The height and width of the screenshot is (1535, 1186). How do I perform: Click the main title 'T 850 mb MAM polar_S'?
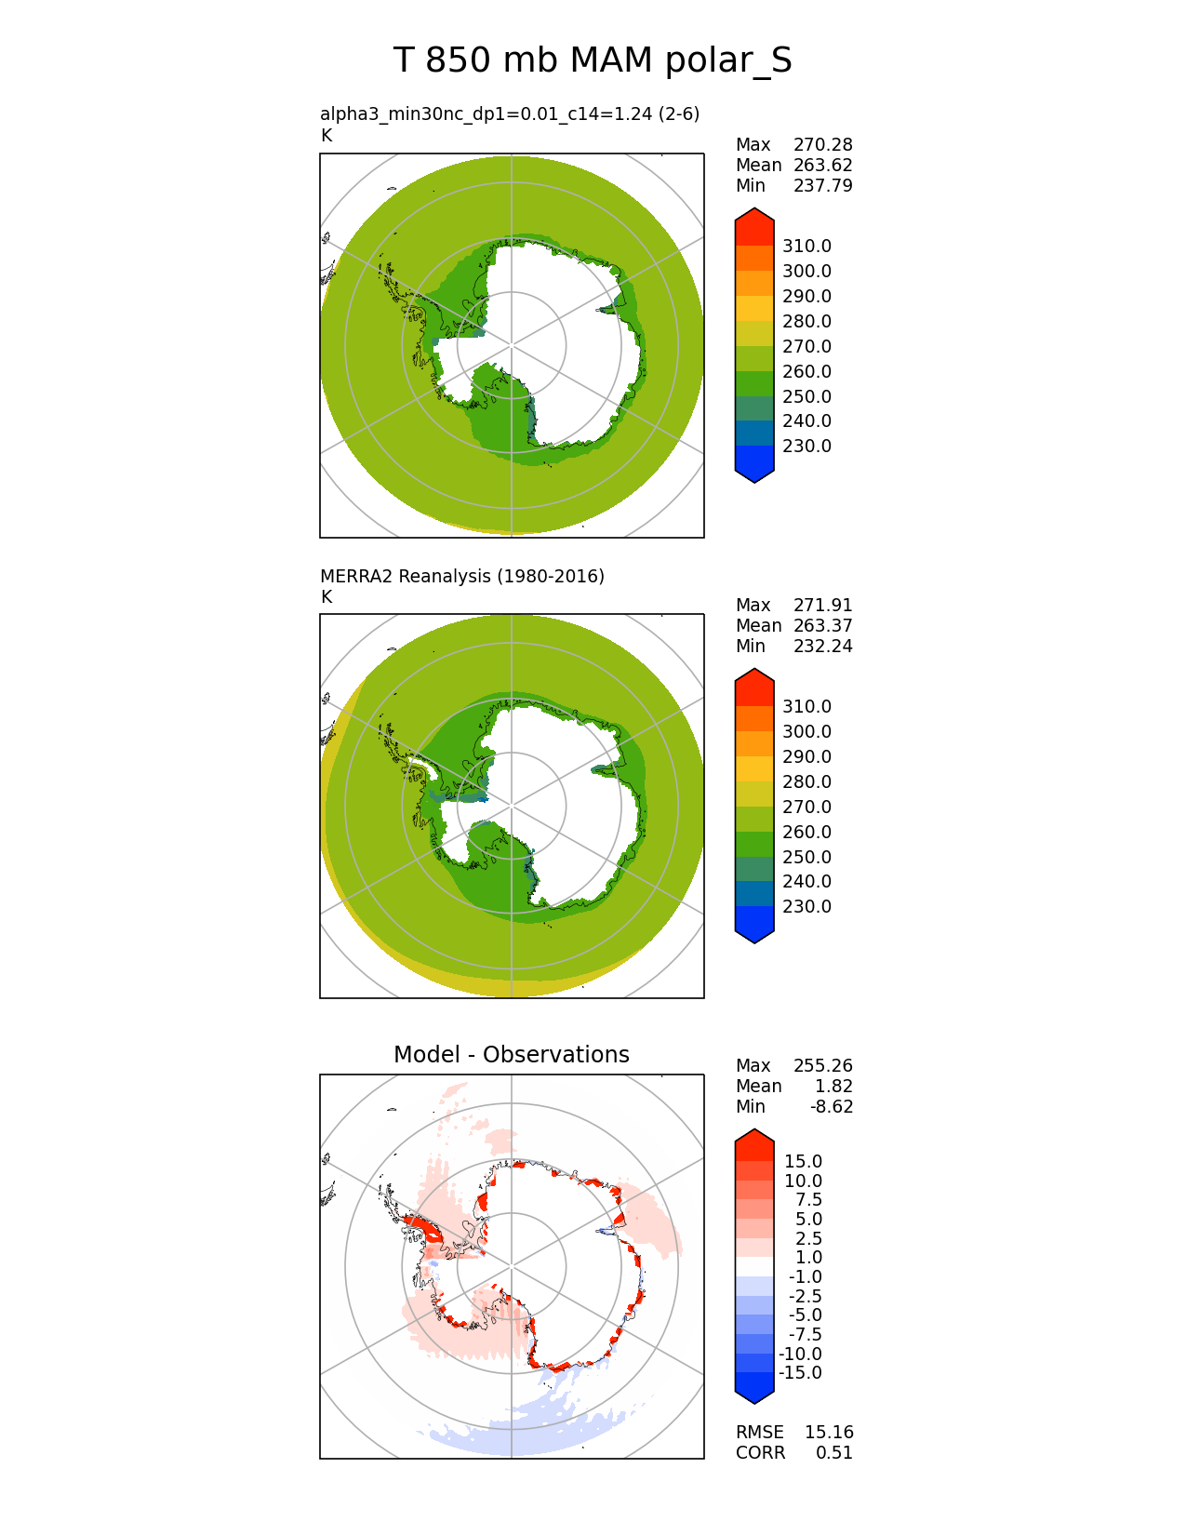(x=593, y=60)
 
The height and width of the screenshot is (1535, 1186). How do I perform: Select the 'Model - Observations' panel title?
(x=511, y=1054)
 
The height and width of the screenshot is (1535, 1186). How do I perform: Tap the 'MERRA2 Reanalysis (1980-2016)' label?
(x=461, y=576)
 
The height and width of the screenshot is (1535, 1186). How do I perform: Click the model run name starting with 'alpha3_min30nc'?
(x=509, y=113)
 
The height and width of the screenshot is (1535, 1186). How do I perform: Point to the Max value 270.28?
(x=822, y=144)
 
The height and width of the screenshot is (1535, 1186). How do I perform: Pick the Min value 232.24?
(x=822, y=646)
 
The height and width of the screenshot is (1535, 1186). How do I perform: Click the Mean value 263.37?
(x=822, y=625)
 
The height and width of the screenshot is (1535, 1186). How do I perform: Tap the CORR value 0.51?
(x=834, y=1452)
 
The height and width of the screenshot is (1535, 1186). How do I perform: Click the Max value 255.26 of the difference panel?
(x=822, y=1065)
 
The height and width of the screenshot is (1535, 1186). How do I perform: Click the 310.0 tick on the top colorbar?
(x=806, y=246)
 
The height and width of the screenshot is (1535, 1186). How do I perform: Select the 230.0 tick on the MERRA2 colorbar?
(x=806, y=906)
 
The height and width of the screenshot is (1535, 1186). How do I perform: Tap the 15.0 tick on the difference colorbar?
(x=803, y=1161)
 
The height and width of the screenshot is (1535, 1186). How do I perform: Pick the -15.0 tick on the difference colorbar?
(x=800, y=1372)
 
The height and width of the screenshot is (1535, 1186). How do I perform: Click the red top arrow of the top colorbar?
(x=754, y=223)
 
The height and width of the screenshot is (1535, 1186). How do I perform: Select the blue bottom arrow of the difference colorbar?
(x=754, y=1390)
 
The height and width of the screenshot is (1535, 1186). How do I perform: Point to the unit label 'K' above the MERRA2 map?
(x=326, y=596)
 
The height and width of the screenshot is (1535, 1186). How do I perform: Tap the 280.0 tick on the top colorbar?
(x=806, y=321)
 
